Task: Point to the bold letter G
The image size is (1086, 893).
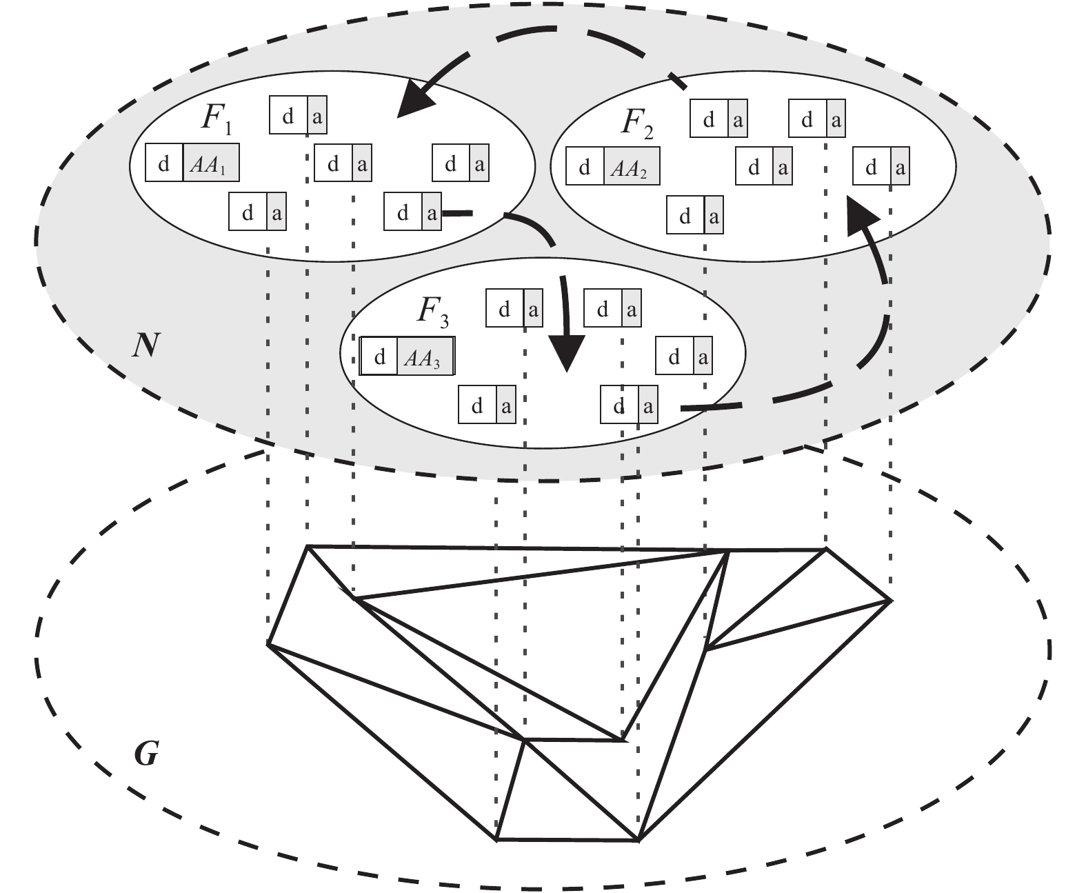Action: click(146, 756)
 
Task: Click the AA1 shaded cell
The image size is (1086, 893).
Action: click(211, 163)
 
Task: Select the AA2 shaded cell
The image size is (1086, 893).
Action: click(632, 167)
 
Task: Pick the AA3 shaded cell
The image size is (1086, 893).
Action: click(425, 357)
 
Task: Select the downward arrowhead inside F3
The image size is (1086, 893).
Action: click(567, 352)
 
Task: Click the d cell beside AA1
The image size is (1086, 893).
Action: click(165, 163)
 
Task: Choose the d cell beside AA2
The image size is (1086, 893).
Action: click(585, 167)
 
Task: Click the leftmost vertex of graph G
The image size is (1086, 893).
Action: click(268, 644)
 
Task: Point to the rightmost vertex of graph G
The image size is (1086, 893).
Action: click(890, 601)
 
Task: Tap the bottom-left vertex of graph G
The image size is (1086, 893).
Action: click(496, 839)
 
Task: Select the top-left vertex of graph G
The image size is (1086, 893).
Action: click(308, 546)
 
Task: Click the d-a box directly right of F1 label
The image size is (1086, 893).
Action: click(298, 117)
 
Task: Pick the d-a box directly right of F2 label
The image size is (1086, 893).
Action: click(718, 120)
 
